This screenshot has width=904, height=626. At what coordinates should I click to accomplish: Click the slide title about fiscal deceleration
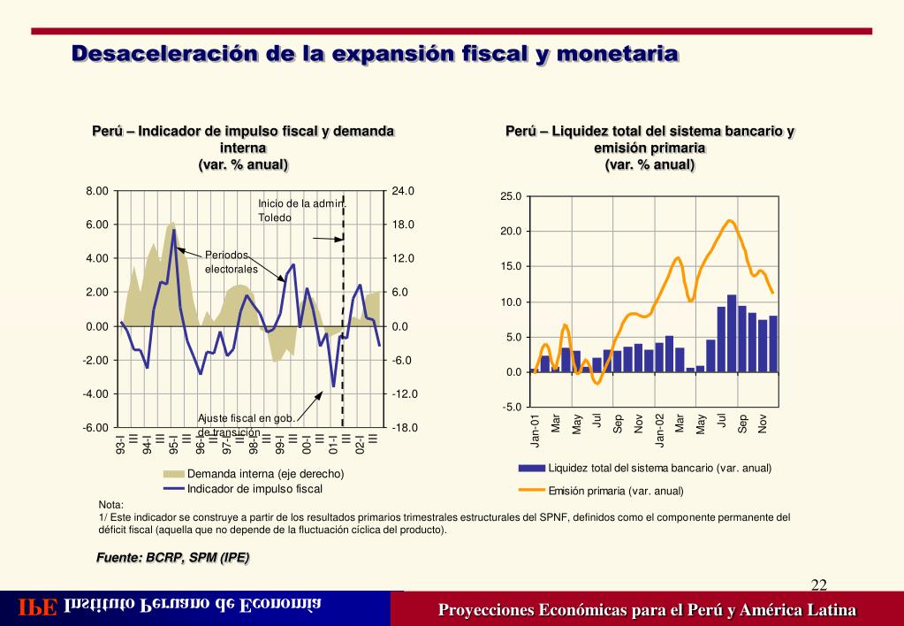[x=375, y=54]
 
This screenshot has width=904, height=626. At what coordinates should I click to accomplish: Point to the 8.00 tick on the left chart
[x=96, y=191]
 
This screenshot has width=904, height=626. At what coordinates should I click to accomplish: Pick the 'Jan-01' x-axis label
[x=536, y=429]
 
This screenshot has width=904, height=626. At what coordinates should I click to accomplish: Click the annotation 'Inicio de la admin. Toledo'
[x=301, y=210]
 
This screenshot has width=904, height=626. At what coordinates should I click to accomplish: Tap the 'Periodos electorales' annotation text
[x=231, y=262]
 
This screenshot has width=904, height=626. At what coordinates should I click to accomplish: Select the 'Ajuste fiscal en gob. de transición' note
[x=245, y=424]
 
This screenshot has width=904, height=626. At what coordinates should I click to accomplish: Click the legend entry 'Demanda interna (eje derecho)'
[x=265, y=474]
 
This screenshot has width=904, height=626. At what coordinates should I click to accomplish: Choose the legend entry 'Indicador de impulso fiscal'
[x=254, y=488]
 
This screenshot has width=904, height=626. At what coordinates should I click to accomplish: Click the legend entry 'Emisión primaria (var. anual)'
[x=616, y=491]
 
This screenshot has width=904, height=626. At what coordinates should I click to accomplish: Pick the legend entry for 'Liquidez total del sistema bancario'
[x=659, y=468]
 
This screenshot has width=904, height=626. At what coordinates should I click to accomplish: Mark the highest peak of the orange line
[x=730, y=220]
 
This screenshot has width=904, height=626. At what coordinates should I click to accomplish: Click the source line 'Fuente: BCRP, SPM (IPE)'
[x=173, y=557]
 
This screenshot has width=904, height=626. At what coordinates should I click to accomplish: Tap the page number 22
[x=818, y=584]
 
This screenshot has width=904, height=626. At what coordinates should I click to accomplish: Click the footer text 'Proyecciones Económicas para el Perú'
[x=647, y=610]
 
